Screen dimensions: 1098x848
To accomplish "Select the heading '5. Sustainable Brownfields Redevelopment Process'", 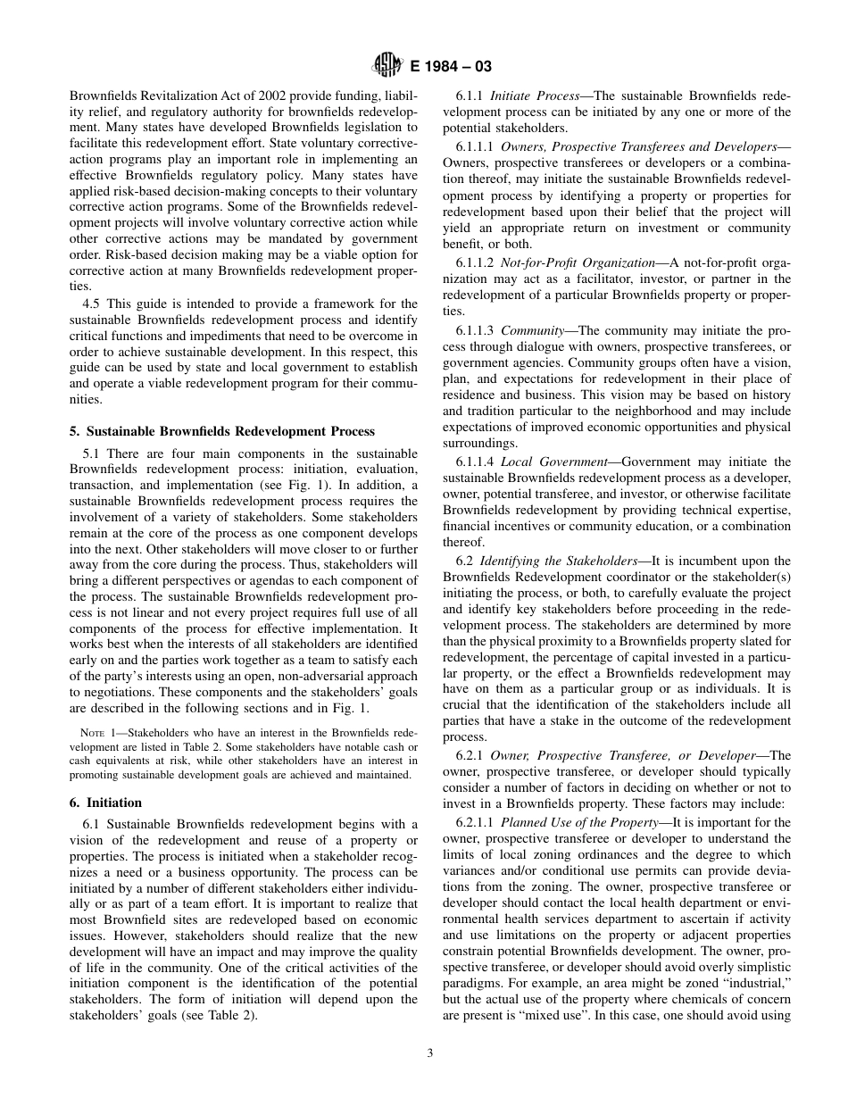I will coord(222,431).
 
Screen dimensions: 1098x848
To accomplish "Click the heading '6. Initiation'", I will coord(105,803).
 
